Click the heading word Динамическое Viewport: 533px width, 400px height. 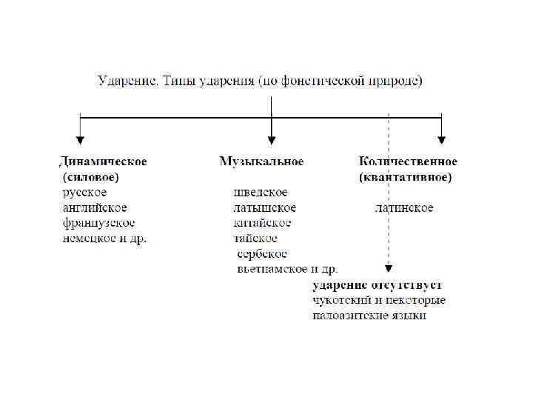103,161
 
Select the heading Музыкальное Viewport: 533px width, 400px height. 261,161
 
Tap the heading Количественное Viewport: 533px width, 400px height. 408,161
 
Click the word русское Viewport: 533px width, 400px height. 84,193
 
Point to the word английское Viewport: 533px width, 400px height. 95,207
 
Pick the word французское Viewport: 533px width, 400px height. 99,222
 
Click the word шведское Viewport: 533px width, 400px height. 261,193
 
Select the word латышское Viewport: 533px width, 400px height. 265,207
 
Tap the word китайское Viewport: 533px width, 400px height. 263,222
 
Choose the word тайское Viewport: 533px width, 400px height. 256,238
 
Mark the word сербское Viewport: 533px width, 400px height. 262,253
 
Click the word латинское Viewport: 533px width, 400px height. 404,207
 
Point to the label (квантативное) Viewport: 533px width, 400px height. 405,178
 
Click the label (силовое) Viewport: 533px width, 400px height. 91,178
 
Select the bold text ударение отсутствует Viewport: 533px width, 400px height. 377,285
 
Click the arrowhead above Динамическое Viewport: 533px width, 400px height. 80,139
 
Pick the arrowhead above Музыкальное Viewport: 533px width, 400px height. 272,139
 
